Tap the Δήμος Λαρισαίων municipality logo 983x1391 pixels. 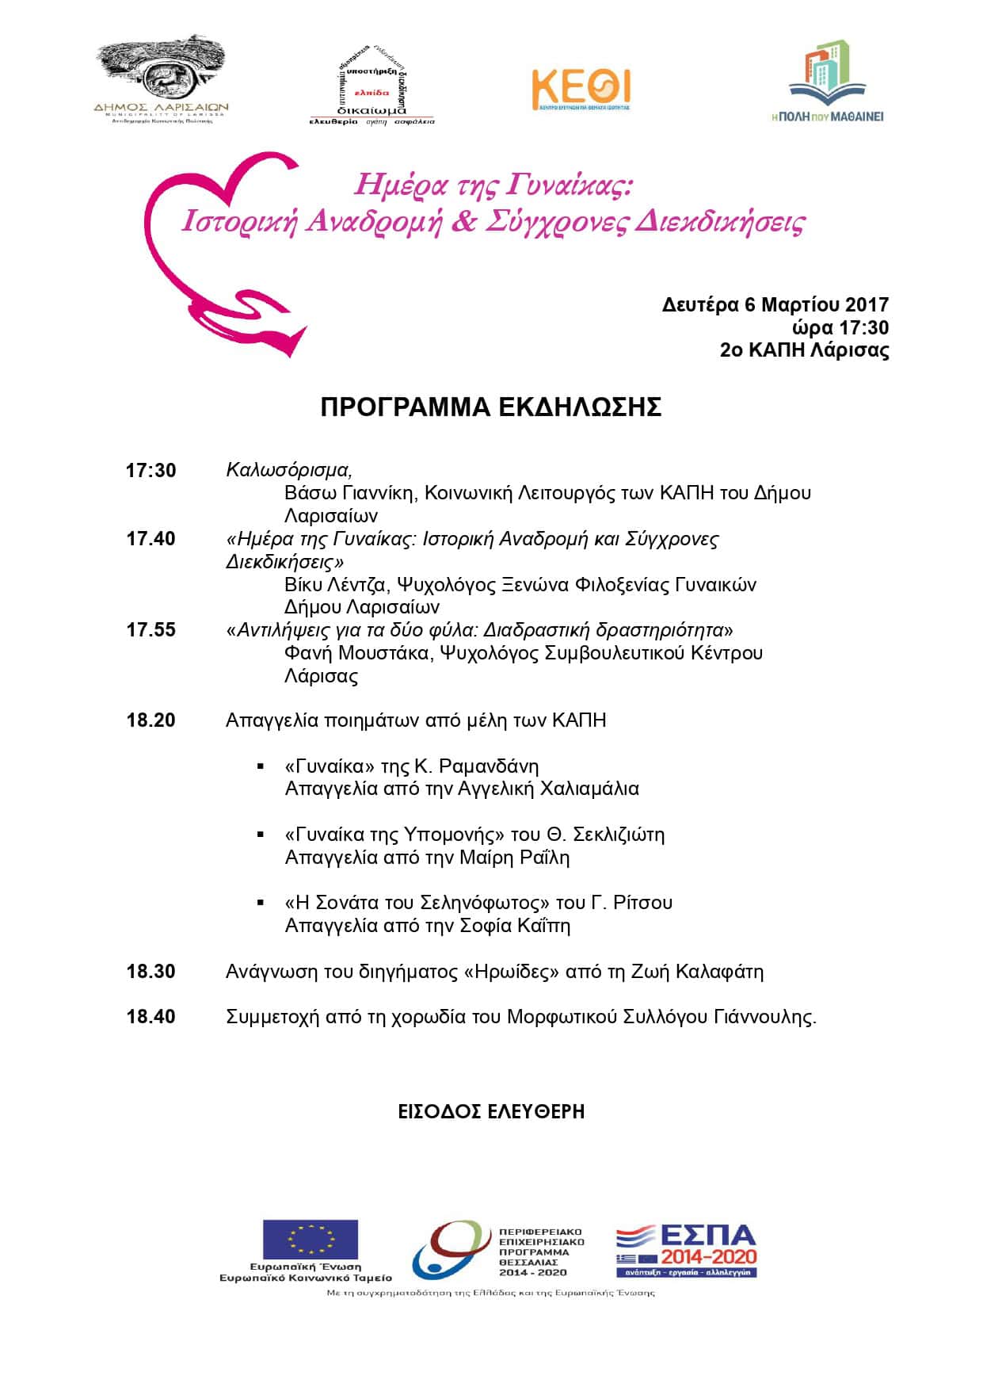coord(161,79)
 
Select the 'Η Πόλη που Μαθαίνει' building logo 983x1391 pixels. coord(827,82)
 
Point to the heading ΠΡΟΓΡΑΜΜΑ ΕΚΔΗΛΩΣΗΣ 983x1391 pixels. coord(490,407)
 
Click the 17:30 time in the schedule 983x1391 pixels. coord(150,471)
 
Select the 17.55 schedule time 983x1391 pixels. coord(150,630)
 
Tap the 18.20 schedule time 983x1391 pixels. coord(150,720)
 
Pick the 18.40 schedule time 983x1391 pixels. coord(150,1017)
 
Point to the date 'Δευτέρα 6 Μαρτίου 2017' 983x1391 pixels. coord(775,305)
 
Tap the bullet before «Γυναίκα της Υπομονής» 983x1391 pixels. coord(260,835)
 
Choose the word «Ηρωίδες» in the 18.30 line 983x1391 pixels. coord(508,972)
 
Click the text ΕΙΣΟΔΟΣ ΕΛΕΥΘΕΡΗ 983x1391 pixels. coord(491,1111)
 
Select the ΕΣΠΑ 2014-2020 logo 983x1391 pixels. coord(686,1251)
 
